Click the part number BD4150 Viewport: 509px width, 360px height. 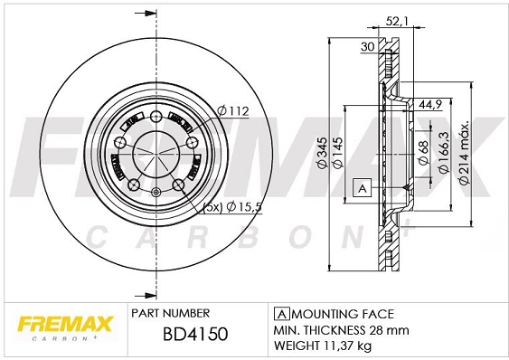tap(194, 335)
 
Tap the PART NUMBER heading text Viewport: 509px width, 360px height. tap(171, 312)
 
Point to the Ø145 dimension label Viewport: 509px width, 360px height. tap(337, 159)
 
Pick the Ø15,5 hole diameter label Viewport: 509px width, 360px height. tap(243, 207)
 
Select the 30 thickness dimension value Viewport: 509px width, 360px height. tap(368, 47)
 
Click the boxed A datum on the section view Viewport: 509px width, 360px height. tap(361, 188)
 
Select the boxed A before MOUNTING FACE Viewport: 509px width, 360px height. tap(279, 312)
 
